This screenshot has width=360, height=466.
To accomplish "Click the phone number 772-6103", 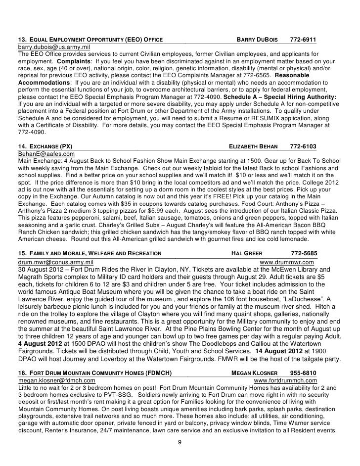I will [x=303, y=147].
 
